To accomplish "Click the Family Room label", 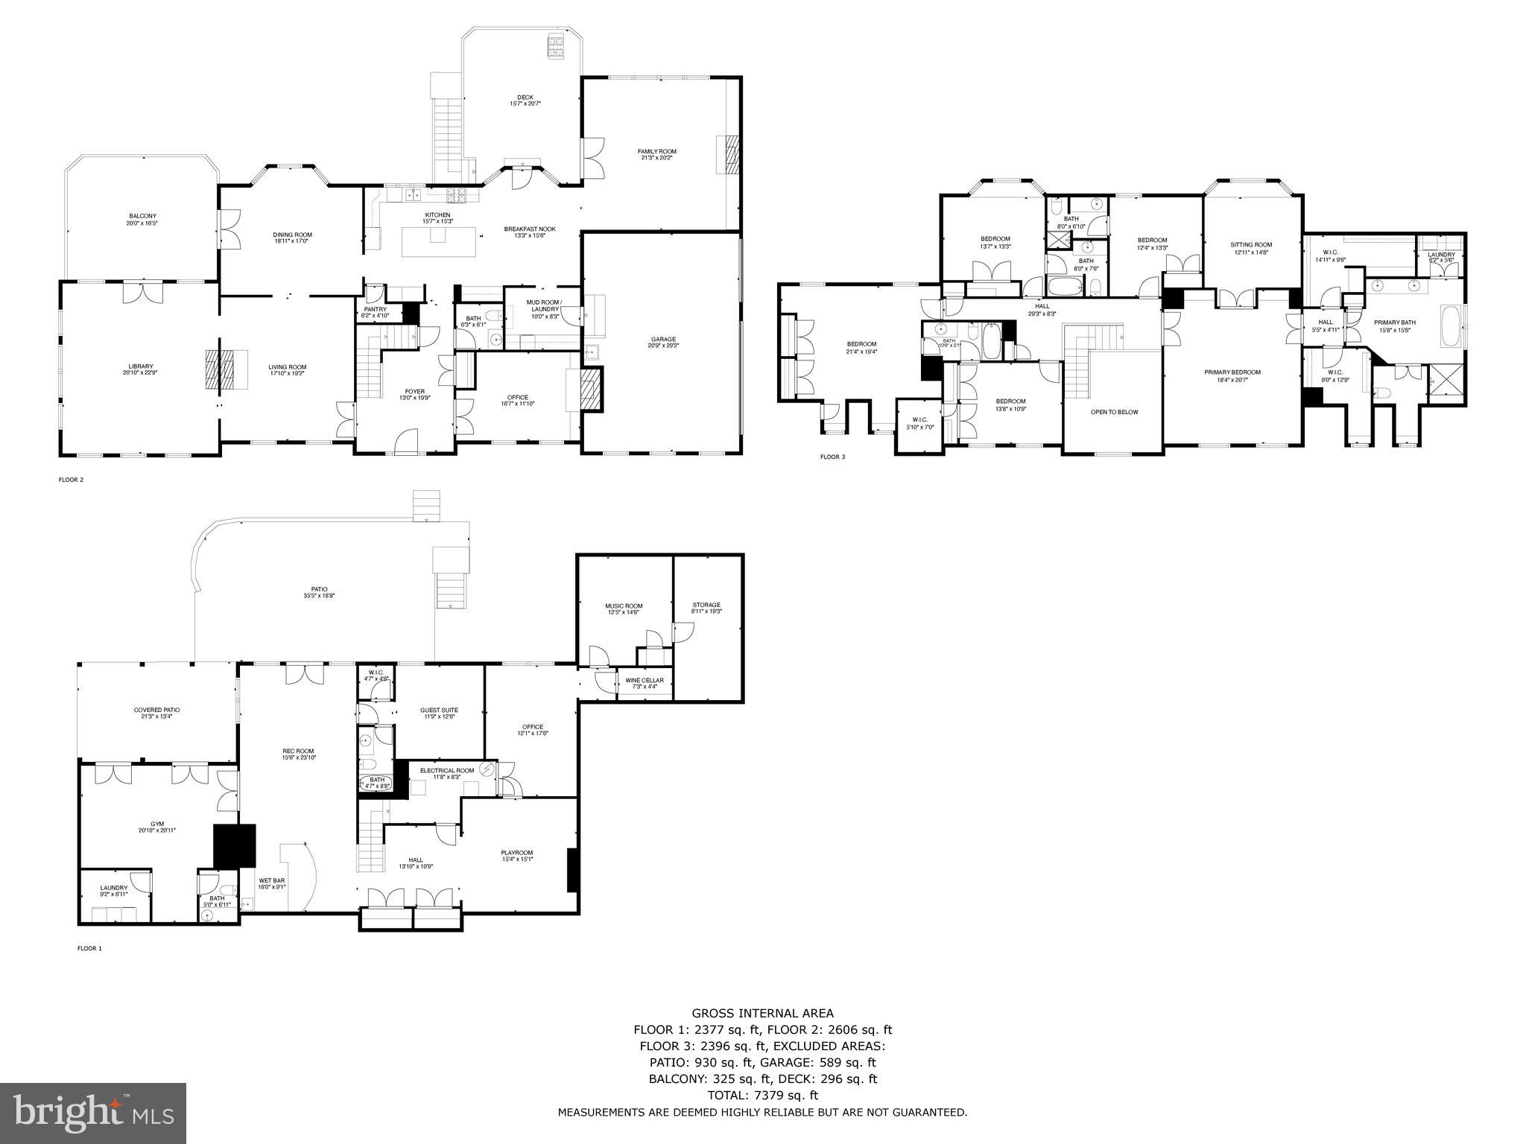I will tap(656, 151).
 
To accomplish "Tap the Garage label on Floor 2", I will tap(663, 340).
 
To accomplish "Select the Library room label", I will tap(140, 366).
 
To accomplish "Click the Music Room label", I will tap(623, 606).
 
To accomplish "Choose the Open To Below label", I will tap(1114, 412).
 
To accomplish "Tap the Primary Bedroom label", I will tap(1232, 372).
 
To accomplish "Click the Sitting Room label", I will tap(1251, 244).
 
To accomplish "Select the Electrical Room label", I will tap(446, 770).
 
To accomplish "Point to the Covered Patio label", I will tap(156, 710).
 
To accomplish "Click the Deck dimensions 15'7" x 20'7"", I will tap(525, 104).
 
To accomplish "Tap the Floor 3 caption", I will tap(832, 457).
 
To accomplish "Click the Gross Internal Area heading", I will tap(762, 1013).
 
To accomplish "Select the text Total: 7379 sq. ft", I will tap(762, 1096).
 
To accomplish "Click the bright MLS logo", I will tap(93, 1113).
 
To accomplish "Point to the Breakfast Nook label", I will tap(529, 229).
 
